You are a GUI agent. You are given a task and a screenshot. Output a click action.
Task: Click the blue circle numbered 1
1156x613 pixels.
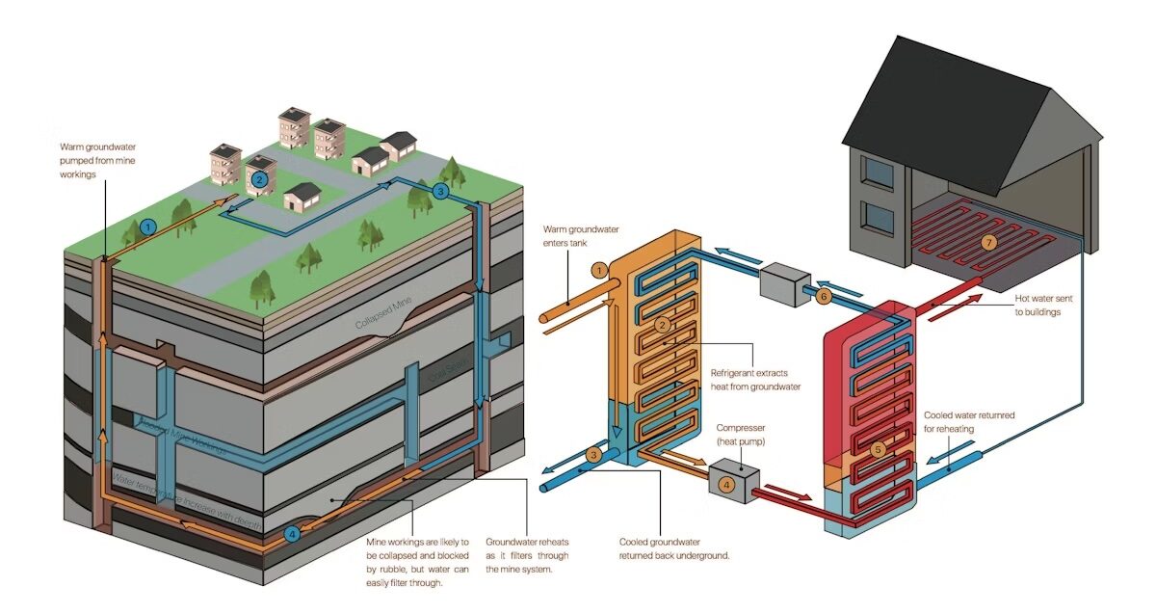click(x=147, y=227)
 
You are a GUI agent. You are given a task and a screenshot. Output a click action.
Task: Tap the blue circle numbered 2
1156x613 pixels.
click(x=258, y=179)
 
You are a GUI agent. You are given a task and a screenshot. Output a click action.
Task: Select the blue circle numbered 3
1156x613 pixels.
click(x=440, y=191)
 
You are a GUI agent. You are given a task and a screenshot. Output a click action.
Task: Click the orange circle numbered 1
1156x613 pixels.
click(x=598, y=270)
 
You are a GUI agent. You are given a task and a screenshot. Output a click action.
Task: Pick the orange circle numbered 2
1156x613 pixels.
click(x=662, y=325)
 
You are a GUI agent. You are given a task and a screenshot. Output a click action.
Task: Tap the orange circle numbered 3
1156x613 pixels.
click(x=594, y=454)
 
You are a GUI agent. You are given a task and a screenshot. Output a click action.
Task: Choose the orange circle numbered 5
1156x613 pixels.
click(x=877, y=449)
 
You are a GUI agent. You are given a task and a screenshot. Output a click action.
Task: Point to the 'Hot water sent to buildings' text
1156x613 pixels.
click(x=1043, y=306)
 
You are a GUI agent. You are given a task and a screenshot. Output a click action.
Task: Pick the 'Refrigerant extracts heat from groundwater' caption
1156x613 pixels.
click(x=756, y=379)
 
